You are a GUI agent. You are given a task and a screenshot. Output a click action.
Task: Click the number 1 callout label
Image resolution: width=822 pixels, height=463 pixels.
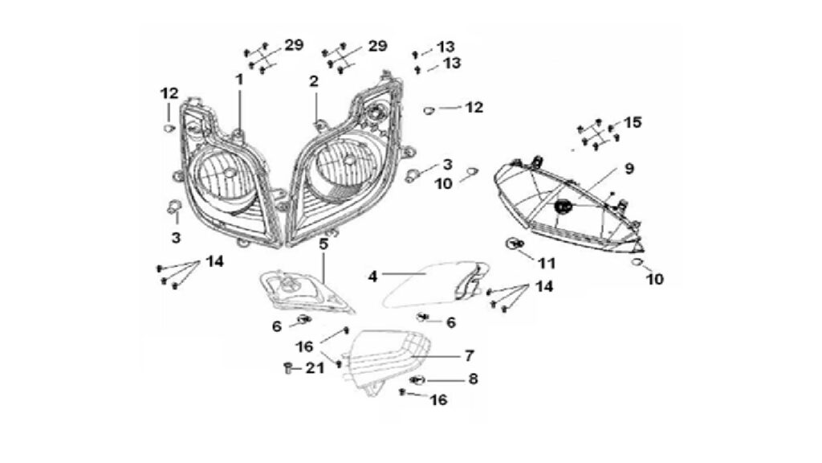click(239, 80)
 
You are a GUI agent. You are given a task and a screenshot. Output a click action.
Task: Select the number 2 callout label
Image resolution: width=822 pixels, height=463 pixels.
click(314, 81)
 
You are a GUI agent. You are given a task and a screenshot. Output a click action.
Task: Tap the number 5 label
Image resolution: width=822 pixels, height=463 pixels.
click(324, 244)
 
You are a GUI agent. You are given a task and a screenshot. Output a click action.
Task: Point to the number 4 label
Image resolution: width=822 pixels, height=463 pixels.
click(372, 277)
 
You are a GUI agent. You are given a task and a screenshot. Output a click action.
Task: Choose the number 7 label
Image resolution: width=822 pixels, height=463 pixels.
click(469, 356)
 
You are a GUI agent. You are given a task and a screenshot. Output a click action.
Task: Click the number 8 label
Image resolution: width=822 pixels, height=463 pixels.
click(473, 379)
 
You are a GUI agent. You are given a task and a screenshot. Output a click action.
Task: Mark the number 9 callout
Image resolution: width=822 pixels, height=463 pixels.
click(629, 169)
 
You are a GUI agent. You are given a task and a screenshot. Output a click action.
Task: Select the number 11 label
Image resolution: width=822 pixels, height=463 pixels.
click(546, 263)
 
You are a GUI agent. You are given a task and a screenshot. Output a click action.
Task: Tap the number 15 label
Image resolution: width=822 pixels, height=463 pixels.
click(633, 122)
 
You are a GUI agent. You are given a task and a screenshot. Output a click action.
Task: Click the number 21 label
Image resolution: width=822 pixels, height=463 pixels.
click(315, 368)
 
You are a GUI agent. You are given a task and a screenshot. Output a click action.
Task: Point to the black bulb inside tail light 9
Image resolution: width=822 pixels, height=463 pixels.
click(562, 207)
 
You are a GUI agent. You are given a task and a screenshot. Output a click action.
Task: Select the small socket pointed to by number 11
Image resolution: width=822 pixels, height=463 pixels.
click(515, 243)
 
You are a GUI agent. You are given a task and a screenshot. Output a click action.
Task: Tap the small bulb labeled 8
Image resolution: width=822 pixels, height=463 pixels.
click(418, 379)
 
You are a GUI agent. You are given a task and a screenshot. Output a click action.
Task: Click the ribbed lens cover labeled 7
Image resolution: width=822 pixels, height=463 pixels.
click(389, 359)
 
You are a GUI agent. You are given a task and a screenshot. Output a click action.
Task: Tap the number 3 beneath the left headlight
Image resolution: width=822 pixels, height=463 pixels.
click(176, 237)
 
